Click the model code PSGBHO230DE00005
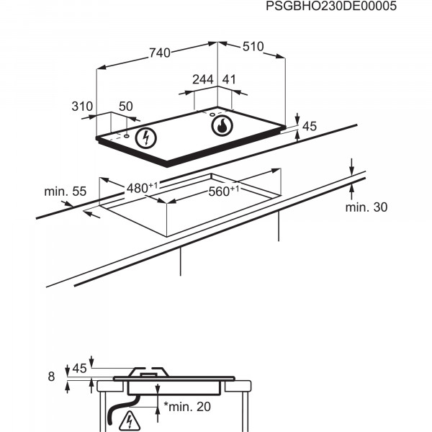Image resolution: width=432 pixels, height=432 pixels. click(x=331, y=6)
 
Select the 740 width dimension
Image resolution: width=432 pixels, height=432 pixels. click(x=160, y=53)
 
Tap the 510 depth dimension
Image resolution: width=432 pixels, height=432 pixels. click(x=253, y=47)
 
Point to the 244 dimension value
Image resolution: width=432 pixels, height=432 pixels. click(x=203, y=80)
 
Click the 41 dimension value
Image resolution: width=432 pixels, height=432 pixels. click(x=229, y=80)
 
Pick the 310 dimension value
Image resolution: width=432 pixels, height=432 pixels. click(x=82, y=107)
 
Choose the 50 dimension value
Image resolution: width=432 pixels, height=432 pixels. click(x=125, y=107)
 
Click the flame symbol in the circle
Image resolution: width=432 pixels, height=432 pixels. click(x=222, y=125)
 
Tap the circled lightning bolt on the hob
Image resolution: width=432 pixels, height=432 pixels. click(x=146, y=138)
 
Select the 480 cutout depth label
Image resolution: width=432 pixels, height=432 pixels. click(x=142, y=188)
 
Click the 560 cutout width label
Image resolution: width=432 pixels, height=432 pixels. click(x=224, y=191)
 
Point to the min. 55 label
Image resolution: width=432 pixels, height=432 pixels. click(x=66, y=192)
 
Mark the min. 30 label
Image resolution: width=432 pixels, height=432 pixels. click(x=366, y=207)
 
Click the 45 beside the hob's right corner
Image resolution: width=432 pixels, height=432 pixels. click(x=310, y=126)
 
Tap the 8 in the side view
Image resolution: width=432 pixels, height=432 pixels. click(x=51, y=377)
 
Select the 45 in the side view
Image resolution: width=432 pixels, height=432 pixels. click(x=79, y=369)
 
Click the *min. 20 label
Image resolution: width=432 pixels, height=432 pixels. click(x=187, y=407)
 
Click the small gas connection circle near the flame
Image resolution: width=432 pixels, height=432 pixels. click(x=212, y=114)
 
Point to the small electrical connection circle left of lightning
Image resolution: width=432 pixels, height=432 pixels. click(x=127, y=136)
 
